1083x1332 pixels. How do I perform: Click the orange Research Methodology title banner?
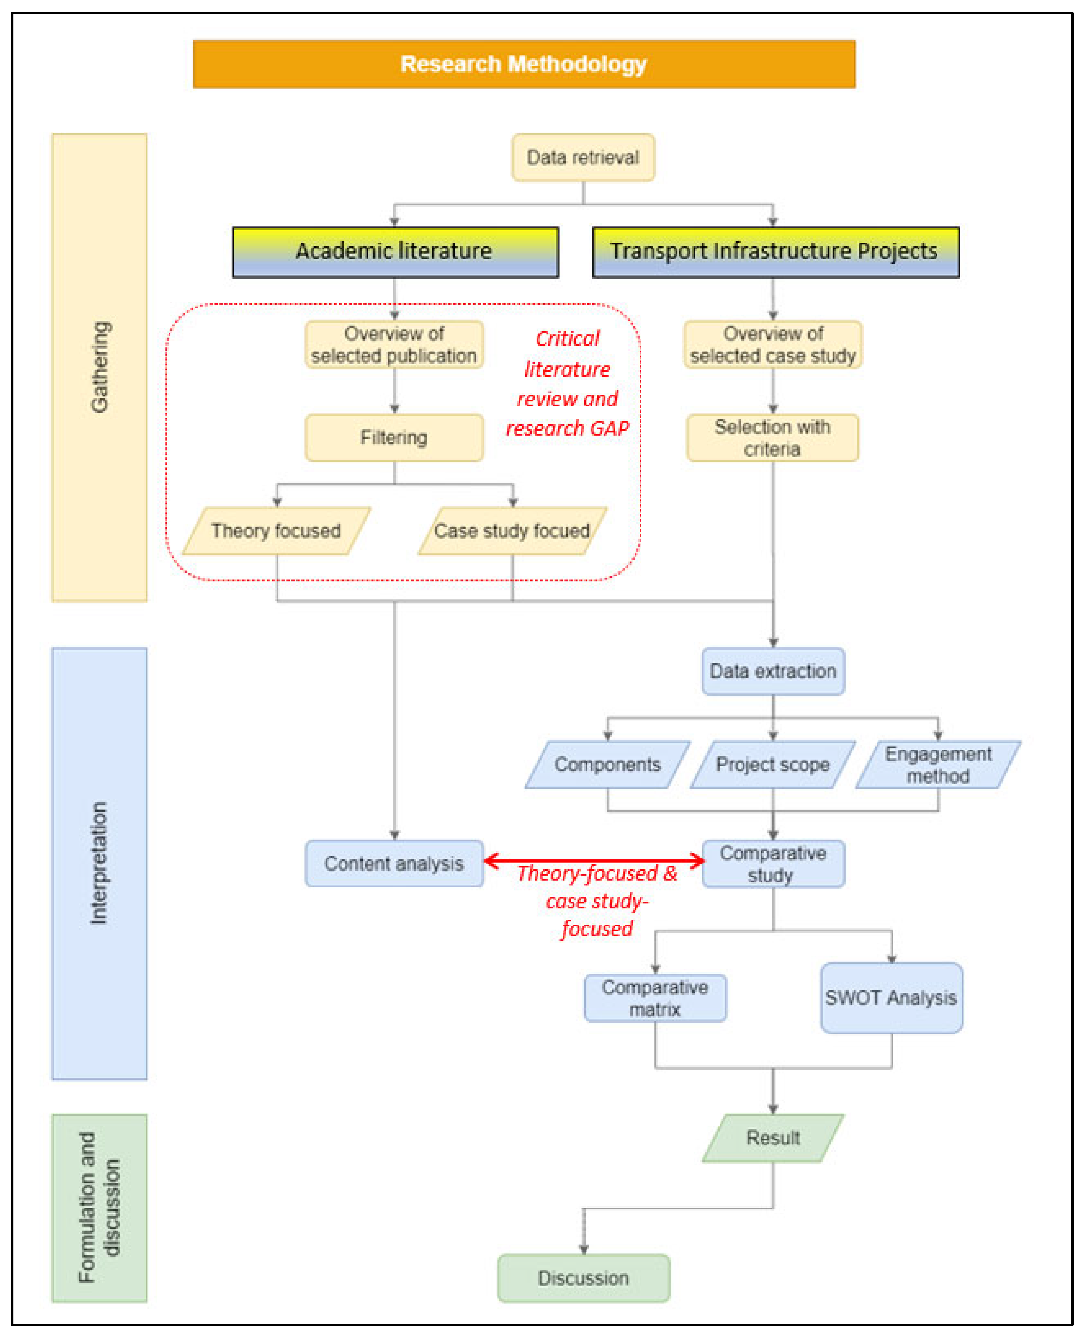[524, 64]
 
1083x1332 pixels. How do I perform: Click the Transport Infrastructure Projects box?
[775, 252]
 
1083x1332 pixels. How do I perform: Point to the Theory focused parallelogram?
[276, 531]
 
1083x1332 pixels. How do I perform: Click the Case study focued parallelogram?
[512, 531]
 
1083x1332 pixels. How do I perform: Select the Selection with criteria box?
[772, 438]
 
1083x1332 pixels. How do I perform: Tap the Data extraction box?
[773, 671]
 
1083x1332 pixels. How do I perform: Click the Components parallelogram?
[608, 765]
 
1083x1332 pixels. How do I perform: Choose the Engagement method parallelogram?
[938, 765]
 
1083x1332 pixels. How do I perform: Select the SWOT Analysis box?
[891, 998]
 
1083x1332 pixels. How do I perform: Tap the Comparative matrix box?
[655, 998]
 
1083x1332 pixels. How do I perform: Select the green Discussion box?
[583, 1278]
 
